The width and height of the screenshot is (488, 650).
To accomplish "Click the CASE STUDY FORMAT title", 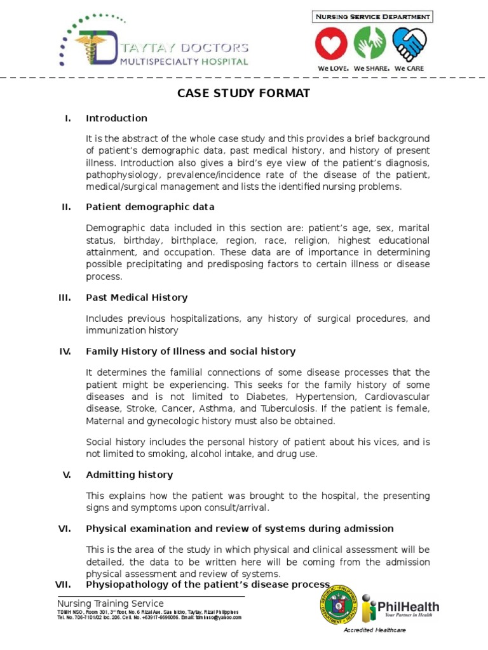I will [x=243, y=93].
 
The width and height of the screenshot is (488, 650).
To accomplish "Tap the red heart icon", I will [x=332, y=46].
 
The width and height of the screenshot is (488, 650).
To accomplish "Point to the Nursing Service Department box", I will [x=372, y=17].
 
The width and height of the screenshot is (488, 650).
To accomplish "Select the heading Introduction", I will [x=116, y=118].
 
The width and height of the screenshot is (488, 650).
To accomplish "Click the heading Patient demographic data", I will [x=150, y=207].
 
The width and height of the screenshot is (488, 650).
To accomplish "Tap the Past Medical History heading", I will [x=137, y=297].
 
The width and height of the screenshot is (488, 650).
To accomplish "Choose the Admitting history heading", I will [x=129, y=475].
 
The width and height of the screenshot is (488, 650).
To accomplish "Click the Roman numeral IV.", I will [x=65, y=351].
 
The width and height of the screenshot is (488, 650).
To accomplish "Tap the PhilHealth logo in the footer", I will [x=400, y=608].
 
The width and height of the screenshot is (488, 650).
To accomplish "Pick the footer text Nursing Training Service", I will [x=111, y=603].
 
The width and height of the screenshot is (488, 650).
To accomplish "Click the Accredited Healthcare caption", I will [x=374, y=630].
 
